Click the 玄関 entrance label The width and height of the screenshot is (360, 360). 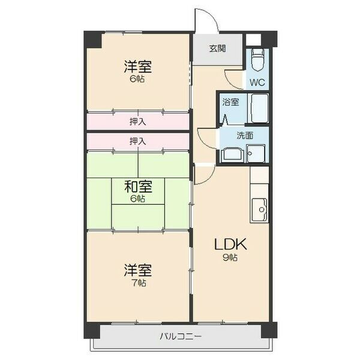pyautogui.click(x=217, y=49)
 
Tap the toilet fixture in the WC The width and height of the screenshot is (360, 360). pyautogui.click(x=257, y=59)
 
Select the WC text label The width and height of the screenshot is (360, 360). pyautogui.click(x=257, y=82)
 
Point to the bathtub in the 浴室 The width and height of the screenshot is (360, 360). pyautogui.click(x=259, y=108)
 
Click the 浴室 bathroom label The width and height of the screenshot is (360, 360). pyautogui.click(x=230, y=102)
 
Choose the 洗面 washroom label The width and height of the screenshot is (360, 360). pyautogui.click(x=245, y=136)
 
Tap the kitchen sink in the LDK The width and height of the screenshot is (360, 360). pyautogui.click(x=259, y=209)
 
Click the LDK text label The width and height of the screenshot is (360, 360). pyautogui.click(x=230, y=244)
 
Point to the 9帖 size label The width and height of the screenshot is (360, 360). pyautogui.click(x=230, y=257)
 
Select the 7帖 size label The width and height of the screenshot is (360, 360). pyautogui.click(x=139, y=283)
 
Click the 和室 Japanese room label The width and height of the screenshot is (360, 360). pyautogui.click(x=138, y=187)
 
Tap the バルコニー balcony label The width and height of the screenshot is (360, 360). pyautogui.click(x=181, y=337)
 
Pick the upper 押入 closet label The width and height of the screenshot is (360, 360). pyautogui.click(x=138, y=122)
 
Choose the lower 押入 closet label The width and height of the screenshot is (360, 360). pyautogui.click(x=138, y=141)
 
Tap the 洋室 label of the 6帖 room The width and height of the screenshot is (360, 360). pyautogui.click(x=138, y=67)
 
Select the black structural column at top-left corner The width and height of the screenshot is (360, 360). pyautogui.click(x=93, y=40)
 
